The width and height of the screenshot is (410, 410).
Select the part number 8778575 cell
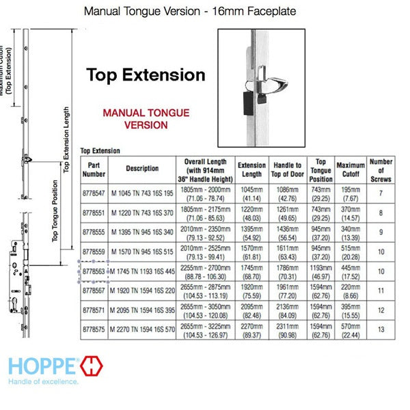94,329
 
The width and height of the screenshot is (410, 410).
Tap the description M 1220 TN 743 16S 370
141,213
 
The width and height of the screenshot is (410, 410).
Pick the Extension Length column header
251,169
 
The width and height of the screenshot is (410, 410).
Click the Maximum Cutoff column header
351,169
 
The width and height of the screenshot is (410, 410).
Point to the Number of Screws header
381,169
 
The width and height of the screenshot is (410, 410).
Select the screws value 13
381,329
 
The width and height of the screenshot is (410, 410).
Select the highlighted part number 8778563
94,271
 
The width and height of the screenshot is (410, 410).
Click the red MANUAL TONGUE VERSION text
146,119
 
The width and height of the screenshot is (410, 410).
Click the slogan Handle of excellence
44,382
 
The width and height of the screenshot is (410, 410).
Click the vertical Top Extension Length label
66,140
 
